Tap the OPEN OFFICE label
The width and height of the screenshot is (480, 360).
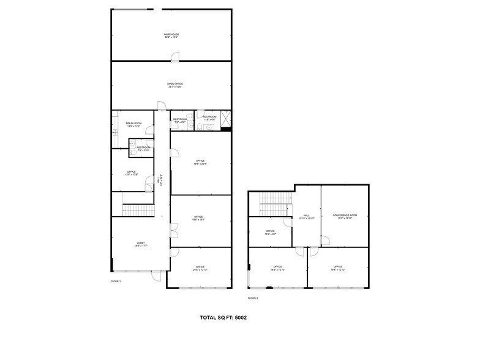point(175,85)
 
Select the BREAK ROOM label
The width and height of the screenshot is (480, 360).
point(133,124)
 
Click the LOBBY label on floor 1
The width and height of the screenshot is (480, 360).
point(141,246)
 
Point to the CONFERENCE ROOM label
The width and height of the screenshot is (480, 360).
point(345,217)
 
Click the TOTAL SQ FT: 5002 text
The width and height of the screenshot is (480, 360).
point(223,318)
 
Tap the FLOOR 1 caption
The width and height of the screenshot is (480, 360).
point(116,281)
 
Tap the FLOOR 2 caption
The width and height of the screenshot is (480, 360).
point(253,298)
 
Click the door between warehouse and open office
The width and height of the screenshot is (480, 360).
point(175,58)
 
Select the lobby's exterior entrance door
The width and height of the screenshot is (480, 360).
point(156,276)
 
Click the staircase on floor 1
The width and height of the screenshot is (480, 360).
point(137,211)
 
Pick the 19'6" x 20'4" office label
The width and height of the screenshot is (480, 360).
point(200,162)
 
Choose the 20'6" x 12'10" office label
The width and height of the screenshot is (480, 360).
point(200,268)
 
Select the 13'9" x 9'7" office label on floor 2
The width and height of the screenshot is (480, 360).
point(270,233)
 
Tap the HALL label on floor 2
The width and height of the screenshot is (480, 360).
point(306,217)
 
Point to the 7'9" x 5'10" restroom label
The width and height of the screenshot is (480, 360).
point(143,149)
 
